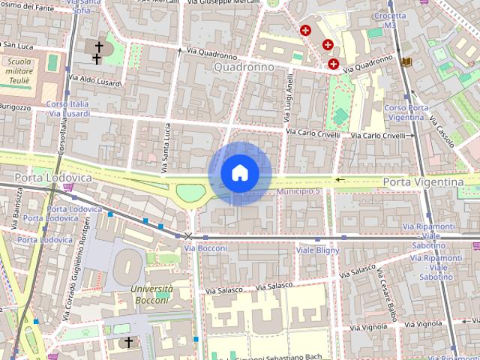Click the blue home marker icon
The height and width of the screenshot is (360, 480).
(x=239, y=173)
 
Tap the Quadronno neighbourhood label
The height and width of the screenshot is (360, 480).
(x=244, y=67)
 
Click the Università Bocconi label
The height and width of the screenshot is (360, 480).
(x=151, y=294)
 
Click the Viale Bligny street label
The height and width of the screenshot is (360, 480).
(x=317, y=250)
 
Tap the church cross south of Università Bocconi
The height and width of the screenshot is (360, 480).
(x=128, y=342)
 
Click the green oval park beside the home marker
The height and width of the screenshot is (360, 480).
(x=190, y=193)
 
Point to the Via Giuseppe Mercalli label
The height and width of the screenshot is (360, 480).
(x=220, y=4)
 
